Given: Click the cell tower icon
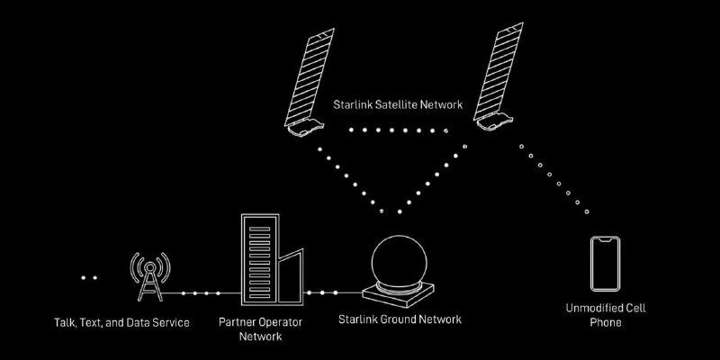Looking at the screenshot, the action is coord(149,277).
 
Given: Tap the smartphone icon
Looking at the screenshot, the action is coord(605,264).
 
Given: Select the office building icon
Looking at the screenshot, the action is coord(273,259).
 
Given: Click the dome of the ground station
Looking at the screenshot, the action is coord(399,261).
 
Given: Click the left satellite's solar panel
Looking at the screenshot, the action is coord(310,77).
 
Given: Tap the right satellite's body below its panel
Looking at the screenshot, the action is coord(494,121).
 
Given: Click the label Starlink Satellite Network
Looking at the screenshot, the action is coord(398,104).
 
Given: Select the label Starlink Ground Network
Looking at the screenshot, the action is coord(400,319).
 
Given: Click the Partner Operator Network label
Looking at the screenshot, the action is coord(260,328).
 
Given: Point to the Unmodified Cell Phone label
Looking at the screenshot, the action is coord(606,314).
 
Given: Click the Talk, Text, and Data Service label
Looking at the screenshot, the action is coord(121,323).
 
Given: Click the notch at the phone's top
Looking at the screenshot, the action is coord(605,239).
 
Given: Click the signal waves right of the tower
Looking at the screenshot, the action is coord(164,267).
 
